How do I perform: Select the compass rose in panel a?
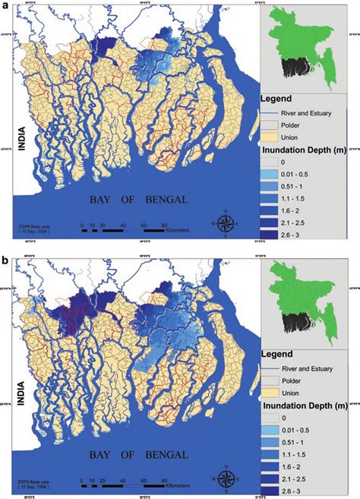point(226,223)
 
